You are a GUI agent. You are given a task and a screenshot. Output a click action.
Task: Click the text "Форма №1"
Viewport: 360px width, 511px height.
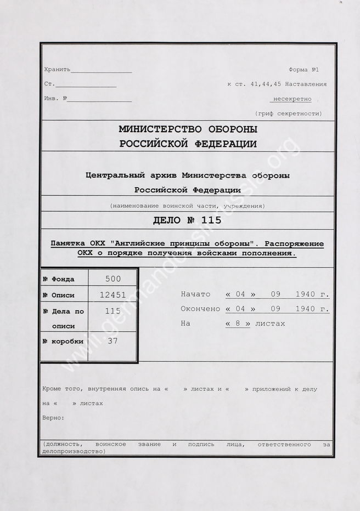click(303, 70)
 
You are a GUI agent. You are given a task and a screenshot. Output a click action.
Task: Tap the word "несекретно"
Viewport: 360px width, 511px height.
click(291, 99)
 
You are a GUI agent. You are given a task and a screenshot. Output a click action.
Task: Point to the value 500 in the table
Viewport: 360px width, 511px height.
click(113, 279)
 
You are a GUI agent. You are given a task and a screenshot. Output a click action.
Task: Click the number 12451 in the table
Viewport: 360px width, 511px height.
click(113, 294)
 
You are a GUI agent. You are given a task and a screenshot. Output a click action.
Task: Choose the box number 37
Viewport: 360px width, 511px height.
click(113, 341)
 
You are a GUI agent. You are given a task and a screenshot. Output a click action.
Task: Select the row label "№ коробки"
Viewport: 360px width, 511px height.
click(63, 342)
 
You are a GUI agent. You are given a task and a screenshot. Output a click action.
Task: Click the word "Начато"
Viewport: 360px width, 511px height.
click(195, 294)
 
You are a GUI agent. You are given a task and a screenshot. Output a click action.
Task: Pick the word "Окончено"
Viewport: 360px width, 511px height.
click(200, 309)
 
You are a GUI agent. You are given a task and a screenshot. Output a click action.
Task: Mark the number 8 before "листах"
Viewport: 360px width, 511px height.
click(238, 323)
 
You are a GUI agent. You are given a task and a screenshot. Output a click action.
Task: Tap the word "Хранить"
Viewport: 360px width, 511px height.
click(58, 70)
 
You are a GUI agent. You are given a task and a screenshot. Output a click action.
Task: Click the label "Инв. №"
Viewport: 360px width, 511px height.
click(55, 99)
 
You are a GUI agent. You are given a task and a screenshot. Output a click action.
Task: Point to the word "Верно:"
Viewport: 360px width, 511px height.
click(53, 417)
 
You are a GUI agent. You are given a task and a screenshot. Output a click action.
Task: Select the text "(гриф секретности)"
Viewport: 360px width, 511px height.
click(289, 113)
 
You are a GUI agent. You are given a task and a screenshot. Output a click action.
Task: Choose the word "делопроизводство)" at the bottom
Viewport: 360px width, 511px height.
click(73, 451)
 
